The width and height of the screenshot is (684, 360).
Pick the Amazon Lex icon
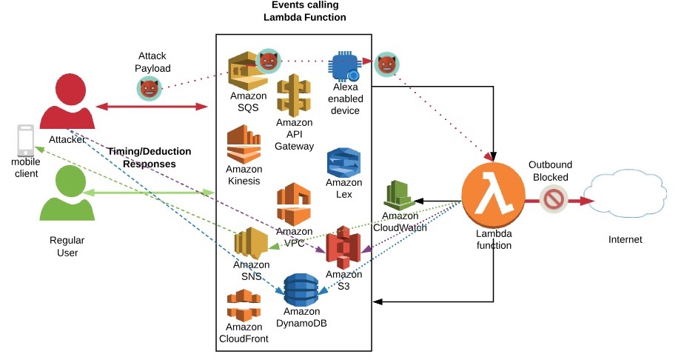pos(343,162)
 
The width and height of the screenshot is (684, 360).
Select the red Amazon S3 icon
pos(343,248)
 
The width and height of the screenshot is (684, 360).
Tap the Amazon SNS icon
pos(251,242)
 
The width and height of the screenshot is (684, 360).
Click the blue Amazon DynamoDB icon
pos(301,290)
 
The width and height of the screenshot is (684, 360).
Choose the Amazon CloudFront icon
pos(244,305)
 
